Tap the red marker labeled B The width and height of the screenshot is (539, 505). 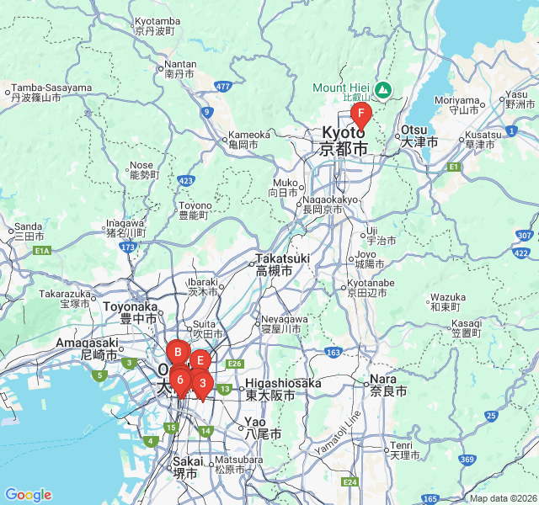pos(178,352)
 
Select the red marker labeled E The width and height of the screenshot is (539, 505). pos(200,360)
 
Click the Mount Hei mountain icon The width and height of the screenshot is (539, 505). pos(382,88)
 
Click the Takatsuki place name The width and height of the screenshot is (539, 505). pos(274,259)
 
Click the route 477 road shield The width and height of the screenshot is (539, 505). pos(222,86)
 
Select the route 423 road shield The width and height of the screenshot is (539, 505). pos(187,180)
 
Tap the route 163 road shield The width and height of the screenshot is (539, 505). pos(334,351)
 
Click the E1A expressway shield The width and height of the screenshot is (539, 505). pos(42,250)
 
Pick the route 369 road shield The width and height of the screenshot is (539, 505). pos(467,459)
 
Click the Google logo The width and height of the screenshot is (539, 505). pos(28,495)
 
